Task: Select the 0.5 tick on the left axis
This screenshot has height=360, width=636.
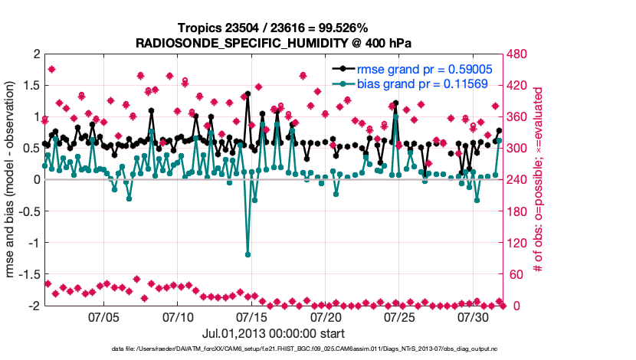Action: pos(28,149)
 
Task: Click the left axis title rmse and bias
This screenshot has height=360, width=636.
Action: pos(10,180)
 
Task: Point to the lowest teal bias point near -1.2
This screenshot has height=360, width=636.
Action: pos(248,254)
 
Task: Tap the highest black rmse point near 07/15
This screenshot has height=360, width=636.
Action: pos(248,94)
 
